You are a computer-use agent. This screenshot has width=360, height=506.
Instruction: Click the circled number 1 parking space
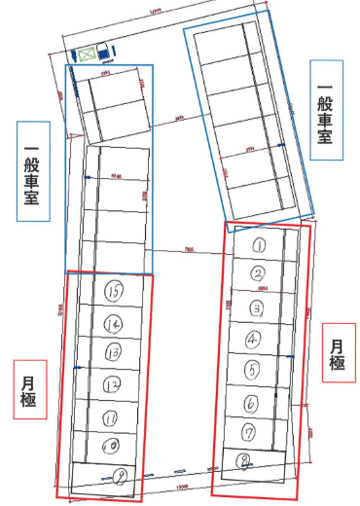[260, 245]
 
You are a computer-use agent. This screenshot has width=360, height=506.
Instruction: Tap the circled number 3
[256, 307]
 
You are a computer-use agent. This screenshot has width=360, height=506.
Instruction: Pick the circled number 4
[253, 339]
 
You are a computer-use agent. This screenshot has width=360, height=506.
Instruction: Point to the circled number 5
[251, 370]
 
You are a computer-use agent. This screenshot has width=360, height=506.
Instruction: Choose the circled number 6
[250, 402]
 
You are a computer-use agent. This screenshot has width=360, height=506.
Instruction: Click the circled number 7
[249, 431]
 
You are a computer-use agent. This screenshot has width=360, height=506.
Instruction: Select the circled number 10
[110, 446]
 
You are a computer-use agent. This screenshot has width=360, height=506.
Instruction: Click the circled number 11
[110, 417]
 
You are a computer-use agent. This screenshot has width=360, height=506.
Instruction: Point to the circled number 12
[111, 386]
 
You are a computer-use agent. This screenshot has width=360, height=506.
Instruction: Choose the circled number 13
[112, 351]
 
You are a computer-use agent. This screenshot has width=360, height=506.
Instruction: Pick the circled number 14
[114, 323]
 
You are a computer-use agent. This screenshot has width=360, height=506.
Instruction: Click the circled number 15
[115, 290]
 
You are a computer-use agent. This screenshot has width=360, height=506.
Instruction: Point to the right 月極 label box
[337, 355]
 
